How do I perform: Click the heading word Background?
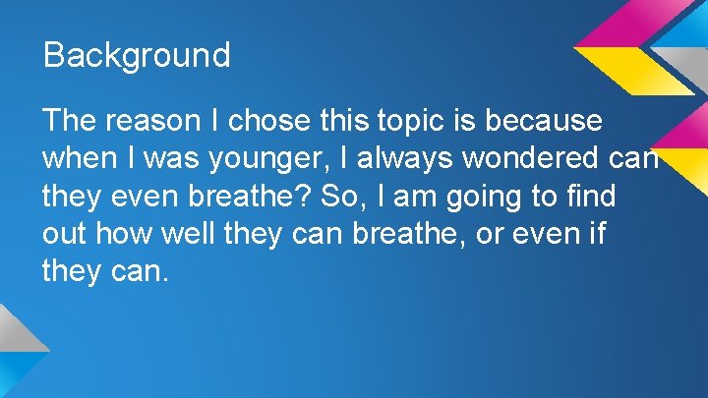pyautogui.click(x=137, y=54)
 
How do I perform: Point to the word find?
pyautogui.click(x=591, y=196)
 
